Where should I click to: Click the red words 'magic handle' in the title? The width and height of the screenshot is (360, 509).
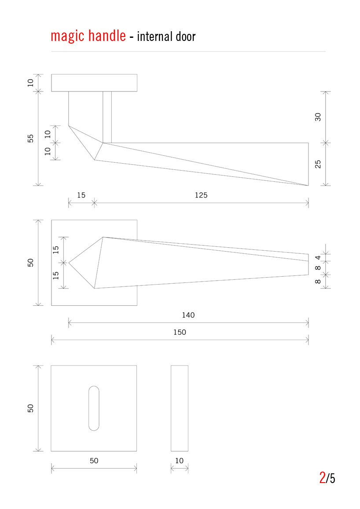(88, 36)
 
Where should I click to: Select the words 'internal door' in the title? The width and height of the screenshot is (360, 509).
(166, 37)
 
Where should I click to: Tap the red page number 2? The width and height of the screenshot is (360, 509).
(322, 477)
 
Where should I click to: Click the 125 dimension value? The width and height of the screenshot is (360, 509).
(201, 195)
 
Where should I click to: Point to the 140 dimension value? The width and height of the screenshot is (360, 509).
(188, 315)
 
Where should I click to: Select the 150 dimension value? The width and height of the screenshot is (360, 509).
(180, 332)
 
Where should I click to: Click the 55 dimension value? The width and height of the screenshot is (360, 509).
(30, 139)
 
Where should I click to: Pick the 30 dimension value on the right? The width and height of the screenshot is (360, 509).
(318, 117)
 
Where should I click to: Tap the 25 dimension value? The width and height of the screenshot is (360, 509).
(318, 164)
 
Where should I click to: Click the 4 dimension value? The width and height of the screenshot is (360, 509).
(318, 257)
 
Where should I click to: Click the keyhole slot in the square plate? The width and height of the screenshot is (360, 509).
(94, 408)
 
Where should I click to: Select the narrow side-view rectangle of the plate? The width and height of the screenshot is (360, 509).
(180, 408)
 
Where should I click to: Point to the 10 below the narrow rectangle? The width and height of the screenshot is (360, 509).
(179, 461)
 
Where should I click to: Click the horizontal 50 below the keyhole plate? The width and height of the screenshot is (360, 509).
(94, 461)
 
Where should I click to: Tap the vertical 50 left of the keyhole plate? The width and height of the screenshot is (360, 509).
(30, 408)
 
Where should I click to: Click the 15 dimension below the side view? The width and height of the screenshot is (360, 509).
(81, 195)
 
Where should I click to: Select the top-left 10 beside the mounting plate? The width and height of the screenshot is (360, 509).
(30, 83)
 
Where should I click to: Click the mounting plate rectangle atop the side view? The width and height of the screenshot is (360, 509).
(94, 83)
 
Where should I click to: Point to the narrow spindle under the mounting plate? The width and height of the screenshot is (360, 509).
(107, 117)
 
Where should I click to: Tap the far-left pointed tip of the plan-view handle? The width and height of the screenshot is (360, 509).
(70, 263)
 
